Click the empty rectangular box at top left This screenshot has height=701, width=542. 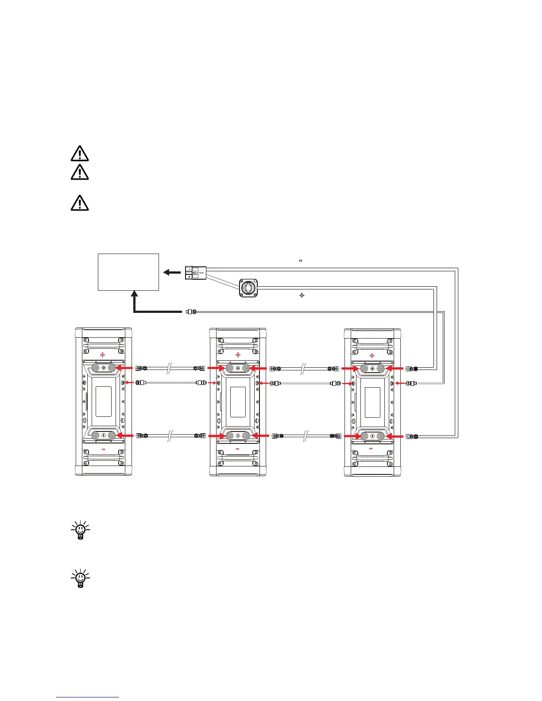click(128, 272)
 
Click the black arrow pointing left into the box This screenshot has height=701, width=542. click(171, 272)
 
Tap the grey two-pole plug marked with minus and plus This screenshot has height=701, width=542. click(195, 273)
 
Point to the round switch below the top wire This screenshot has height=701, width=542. click(248, 287)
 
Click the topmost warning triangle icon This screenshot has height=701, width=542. click(80, 153)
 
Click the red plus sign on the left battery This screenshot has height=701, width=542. click(103, 355)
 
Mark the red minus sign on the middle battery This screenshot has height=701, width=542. click(237, 449)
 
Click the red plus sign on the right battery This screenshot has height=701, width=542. click(372, 355)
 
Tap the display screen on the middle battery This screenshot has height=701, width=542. click(238, 401)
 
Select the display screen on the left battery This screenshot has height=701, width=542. click(103, 401)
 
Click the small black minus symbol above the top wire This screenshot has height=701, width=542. click(301, 261)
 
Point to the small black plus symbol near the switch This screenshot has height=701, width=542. click(302, 295)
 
